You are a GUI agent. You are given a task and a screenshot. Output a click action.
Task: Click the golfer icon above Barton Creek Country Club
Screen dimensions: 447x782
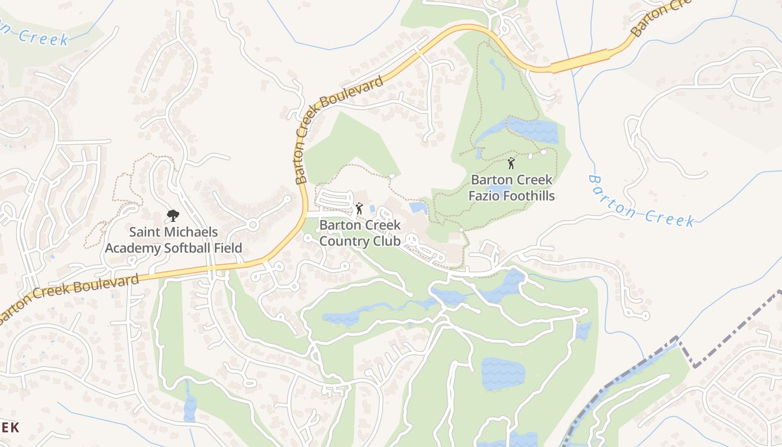(359, 209)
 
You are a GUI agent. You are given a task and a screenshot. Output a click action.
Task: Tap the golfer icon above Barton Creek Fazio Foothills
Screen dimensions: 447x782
(511, 163)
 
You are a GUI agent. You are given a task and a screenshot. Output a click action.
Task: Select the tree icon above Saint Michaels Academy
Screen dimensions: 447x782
(173, 216)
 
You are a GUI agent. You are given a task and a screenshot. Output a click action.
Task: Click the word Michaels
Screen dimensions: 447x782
(189, 231)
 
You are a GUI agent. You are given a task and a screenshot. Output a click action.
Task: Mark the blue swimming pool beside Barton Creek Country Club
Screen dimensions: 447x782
(418, 208)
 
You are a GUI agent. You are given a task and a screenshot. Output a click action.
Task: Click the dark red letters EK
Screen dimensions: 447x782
(9, 427)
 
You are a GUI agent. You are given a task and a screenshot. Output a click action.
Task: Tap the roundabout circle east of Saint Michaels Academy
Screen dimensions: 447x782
(252, 225)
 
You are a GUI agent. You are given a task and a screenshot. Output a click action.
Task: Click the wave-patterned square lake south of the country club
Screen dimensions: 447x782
(503, 373)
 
